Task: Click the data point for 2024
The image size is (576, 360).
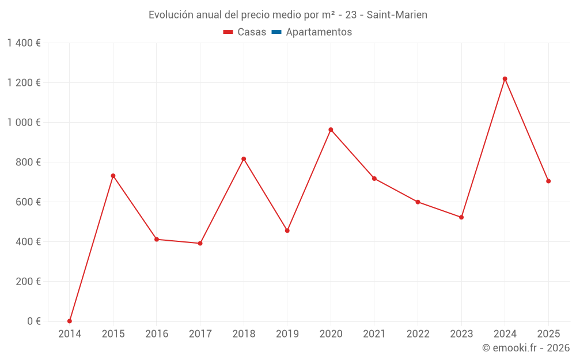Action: (x=505, y=79)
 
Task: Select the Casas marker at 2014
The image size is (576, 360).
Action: (x=70, y=321)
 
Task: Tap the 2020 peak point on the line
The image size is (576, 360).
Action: (x=331, y=130)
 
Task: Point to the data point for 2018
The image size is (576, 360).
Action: (x=244, y=159)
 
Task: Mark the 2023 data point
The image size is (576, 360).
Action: (x=461, y=217)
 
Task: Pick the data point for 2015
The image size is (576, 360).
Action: (x=113, y=176)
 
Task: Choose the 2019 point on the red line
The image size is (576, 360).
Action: (x=287, y=230)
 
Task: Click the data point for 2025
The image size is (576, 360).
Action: (x=548, y=181)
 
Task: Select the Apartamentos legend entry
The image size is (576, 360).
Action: (x=319, y=32)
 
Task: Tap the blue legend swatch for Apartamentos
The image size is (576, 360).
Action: (x=276, y=32)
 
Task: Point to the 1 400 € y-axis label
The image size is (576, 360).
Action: (x=24, y=43)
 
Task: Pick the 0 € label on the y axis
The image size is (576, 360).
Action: (x=34, y=321)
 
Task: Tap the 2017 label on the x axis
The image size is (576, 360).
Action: (x=200, y=334)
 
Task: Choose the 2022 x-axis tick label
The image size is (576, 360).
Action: (x=418, y=334)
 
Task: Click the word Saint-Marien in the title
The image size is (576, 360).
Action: (x=397, y=15)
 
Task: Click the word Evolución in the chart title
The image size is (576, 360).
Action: (x=170, y=15)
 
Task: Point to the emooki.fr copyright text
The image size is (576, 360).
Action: (x=525, y=348)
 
